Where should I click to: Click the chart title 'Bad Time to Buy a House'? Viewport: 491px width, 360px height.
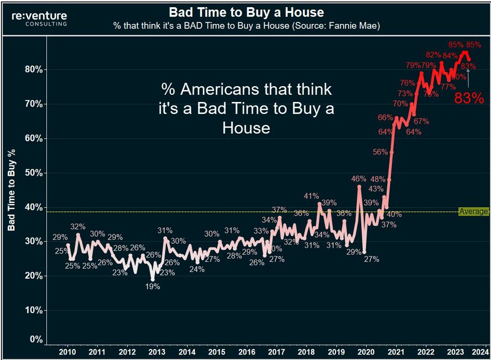247,12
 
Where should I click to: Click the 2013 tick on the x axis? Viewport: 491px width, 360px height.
157,352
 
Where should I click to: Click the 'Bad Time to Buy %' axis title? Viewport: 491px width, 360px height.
11,188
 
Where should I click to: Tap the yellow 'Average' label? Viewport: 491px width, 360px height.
473,212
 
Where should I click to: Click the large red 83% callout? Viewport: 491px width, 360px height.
469,98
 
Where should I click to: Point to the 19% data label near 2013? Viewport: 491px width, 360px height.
153,286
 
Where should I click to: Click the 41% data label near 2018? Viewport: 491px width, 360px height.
311,196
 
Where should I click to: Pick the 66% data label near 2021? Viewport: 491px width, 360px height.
385,117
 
